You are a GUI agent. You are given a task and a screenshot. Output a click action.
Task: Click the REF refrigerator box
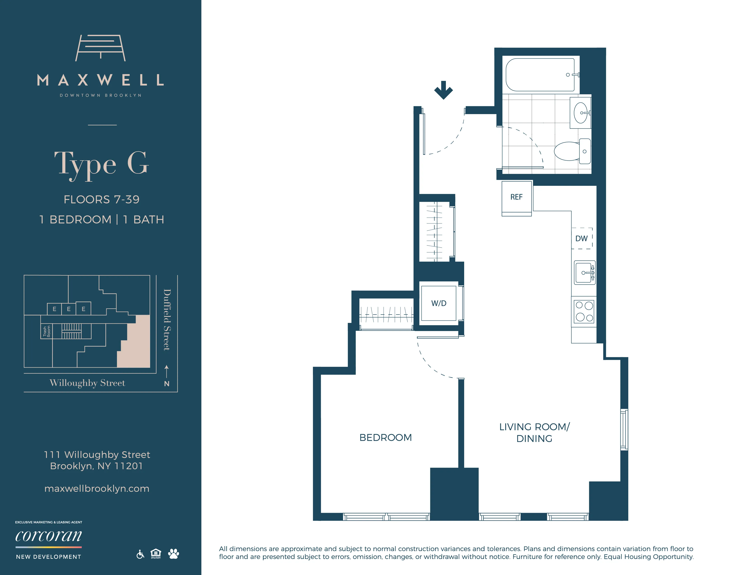click(516, 197)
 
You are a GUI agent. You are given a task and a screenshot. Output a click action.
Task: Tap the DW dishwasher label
click(581, 238)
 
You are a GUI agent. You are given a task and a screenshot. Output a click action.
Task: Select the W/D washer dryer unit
click(438, 303)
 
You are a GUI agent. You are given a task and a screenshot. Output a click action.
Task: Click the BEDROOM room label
click(385, 437)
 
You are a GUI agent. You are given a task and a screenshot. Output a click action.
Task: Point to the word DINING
click(534, 439)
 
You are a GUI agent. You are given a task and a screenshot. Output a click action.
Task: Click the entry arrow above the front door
click(443, 90)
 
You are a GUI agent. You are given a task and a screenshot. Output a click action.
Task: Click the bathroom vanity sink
click(581, 113)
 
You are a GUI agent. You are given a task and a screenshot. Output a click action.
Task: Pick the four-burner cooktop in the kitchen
click(584, 311)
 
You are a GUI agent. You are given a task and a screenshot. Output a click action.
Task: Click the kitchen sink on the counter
click(584, 273)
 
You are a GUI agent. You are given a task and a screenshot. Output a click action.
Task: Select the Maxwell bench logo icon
click(100, 48)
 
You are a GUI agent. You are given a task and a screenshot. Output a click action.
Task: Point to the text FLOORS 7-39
click(102, 199)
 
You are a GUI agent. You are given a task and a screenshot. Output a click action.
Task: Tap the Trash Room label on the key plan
click(46, 331)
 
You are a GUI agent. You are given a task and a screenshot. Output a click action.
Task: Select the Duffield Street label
click(167, 320)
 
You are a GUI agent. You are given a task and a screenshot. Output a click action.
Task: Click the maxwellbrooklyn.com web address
click(97, 488)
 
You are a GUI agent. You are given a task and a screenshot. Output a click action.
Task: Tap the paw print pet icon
click(173, 554)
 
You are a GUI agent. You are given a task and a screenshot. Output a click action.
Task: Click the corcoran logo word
click(49, 536)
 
